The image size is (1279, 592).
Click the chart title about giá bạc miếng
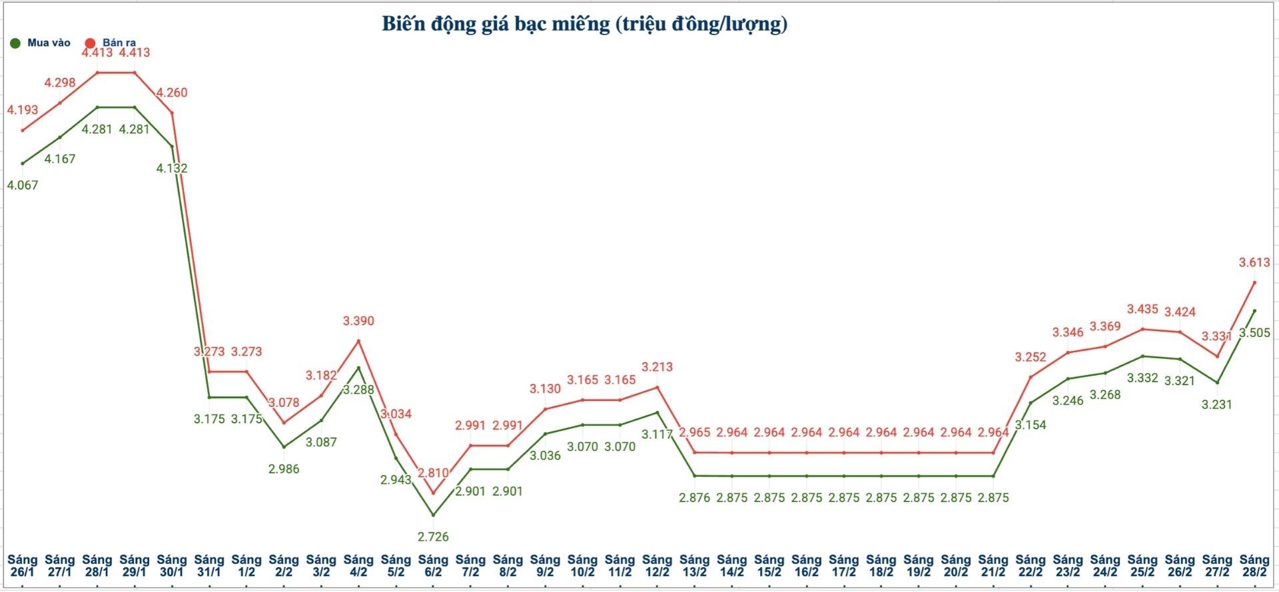pos(584,24)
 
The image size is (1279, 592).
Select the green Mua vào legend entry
pos(41,43)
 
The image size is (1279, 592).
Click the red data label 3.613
pos(1254,262)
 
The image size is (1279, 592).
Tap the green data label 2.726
pos(433,537)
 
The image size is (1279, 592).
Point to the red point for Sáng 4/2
pos(358,341)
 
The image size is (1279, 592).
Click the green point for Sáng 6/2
pos(433,515)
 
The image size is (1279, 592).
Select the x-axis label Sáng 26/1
pos(22,565)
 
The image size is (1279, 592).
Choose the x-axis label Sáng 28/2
pos(1254,565)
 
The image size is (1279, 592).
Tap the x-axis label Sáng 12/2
pos(657,565)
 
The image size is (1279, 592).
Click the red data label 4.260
pos(172,93)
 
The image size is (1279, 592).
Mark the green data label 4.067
pos(23,185)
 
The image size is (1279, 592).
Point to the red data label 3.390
pos(358,321)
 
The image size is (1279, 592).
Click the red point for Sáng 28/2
pos(1254,282)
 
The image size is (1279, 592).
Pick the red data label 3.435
pos(1142,309)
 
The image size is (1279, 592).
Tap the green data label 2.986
pos(284,469)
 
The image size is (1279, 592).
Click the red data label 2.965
pos(694,432)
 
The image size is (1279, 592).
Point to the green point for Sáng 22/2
pos(1031,403)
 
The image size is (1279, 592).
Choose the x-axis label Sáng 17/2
pos(843,565)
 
